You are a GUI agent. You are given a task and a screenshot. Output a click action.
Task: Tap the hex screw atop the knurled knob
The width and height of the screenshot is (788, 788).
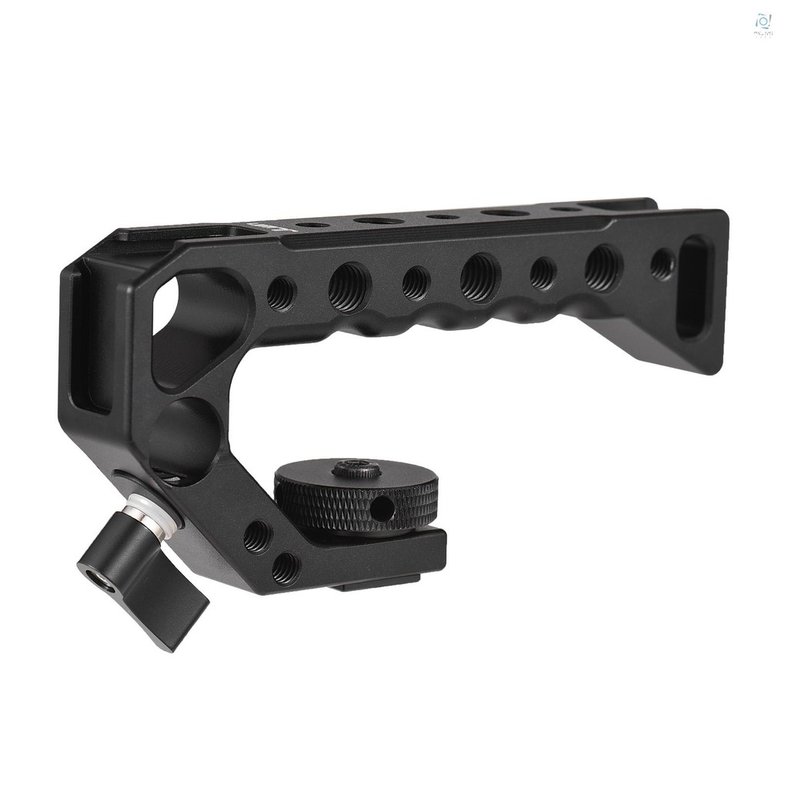pos(356,469)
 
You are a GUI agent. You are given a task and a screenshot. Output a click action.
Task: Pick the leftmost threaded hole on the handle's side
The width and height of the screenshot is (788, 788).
pos(281,292)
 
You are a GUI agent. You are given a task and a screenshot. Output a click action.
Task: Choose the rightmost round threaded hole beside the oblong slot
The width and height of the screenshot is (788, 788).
pos(662,264)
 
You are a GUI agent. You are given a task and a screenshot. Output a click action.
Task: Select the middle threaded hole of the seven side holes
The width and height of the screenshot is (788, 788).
pos(480,277)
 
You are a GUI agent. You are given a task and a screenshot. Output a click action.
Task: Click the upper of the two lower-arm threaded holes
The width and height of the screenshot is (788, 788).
pos(256,536)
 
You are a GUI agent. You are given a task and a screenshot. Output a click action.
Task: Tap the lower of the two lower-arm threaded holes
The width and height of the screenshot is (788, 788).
pos(285,568)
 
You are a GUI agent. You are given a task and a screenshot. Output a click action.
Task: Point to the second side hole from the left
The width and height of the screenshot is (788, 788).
pos(349,287)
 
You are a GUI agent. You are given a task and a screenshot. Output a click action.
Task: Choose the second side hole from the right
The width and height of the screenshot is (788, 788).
pos(603,268)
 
